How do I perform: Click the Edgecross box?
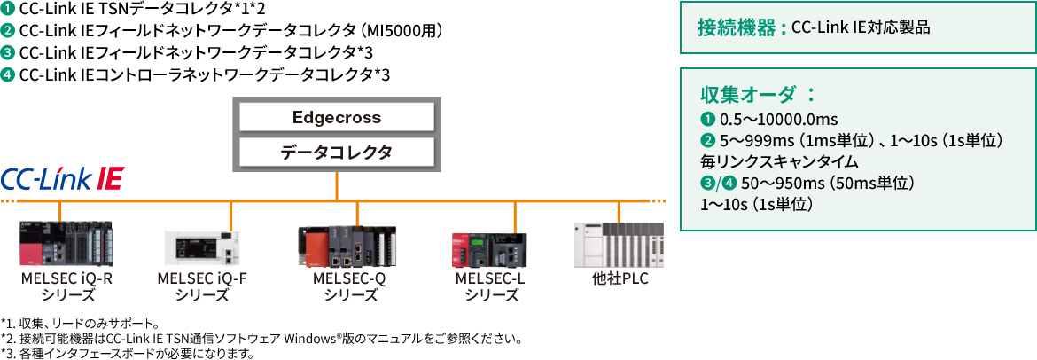click(336, 117)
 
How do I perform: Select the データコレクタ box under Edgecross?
click(336, 152)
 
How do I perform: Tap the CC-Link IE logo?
click(62, 178)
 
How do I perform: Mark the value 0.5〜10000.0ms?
click(771, 120)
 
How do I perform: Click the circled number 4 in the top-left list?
click(8, 74)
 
